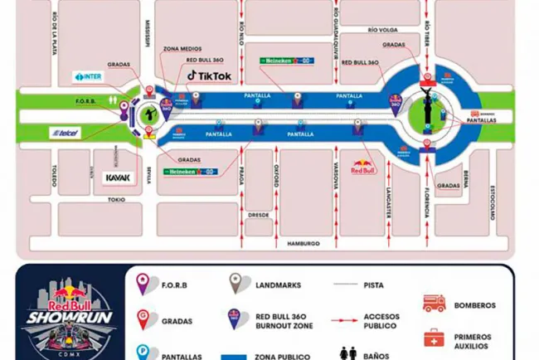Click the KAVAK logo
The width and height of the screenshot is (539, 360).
coord(117,178)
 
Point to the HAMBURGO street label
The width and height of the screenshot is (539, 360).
coord(303,243)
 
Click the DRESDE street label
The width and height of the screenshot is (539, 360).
coord(259,213)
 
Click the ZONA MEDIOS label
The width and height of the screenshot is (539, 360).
coord(181,49)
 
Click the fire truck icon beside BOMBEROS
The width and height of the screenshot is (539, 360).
coord(434,304)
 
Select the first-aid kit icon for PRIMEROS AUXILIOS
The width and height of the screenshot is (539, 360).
coord(434,338)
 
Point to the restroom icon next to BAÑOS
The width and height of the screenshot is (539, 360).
coord(344,353)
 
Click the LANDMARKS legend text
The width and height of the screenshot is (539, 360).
coord(279,285)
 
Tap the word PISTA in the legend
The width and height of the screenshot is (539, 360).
coord(374,285)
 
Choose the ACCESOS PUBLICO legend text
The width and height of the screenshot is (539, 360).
coord(381,322)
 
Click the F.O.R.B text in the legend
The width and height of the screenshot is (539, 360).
coord(174,285)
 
